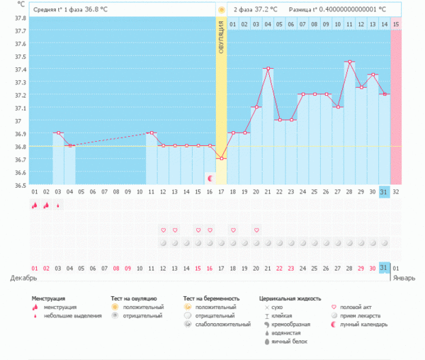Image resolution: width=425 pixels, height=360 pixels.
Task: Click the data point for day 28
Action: [x=349, y=62]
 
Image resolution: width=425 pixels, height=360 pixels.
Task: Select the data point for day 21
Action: [x=268, y=69]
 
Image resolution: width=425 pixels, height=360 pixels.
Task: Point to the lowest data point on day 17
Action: [x=221, y=159]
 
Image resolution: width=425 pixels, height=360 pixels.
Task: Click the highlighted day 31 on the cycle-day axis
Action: [x=384, y=191]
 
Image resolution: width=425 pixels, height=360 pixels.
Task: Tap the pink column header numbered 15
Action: [x=396, y=24]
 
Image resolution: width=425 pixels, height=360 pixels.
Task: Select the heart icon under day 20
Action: [x=256, y=230]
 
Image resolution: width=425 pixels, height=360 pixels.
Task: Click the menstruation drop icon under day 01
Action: [x=34, y=206]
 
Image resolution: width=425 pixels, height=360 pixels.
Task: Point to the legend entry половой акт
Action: [x=355, y=307]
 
